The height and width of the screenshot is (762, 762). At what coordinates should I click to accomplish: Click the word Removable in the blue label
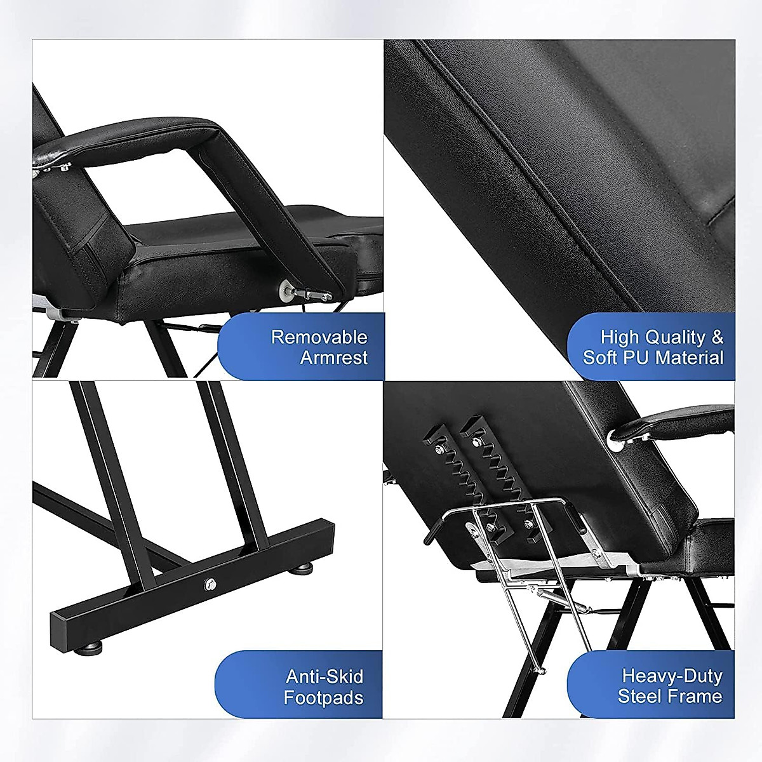pos(319,337)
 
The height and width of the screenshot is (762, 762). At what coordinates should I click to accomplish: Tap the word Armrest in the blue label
pos(333,358)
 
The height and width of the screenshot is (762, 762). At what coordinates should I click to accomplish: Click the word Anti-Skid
pos(324,676)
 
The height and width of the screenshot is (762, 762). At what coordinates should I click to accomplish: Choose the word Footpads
pos(323,698)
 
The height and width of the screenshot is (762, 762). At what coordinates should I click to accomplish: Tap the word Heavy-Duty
pos(672,676)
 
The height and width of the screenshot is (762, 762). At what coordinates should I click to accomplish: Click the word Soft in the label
pos(600,358)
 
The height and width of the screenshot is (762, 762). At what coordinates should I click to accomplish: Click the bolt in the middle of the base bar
pos(209,583)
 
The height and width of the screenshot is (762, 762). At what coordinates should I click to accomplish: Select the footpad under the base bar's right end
pos(302,567)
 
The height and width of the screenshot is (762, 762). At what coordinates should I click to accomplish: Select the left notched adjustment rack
pos(448,464)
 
